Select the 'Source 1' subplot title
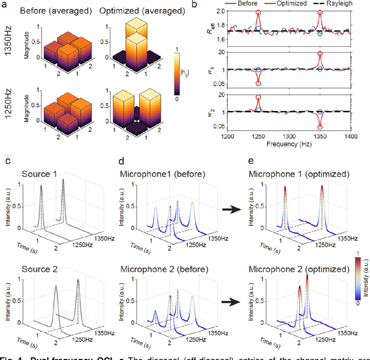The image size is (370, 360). tap(41, 174)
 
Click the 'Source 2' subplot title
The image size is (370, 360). tap(41, 269)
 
